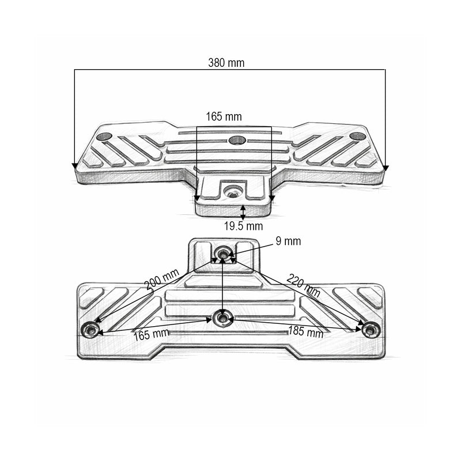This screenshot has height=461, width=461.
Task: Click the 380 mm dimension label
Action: pos(226,63)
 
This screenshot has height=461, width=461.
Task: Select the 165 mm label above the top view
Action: pos(224,117)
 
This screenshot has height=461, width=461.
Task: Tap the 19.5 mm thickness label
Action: pos(243,226)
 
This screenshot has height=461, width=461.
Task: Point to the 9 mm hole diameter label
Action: pos(288,241)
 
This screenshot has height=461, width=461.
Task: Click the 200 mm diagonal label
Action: pos(162,279)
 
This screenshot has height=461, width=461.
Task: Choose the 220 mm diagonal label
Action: pos(304,285)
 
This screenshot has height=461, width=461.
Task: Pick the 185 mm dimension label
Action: pos(306,331)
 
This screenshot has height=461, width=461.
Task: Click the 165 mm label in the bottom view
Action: pos(152,335)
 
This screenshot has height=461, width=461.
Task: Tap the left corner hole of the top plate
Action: pos(104,137)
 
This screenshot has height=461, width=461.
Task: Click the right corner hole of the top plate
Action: pos(357,137)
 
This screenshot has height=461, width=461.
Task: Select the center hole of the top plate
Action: pos(237,140)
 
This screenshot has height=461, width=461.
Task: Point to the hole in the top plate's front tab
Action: pos(233,192)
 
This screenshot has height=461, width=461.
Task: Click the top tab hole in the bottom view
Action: pos(223,252)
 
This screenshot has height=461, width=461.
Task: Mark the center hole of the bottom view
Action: pos(223,318)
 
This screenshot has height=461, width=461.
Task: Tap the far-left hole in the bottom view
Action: pos(90,330)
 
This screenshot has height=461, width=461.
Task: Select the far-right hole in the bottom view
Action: pos(371,330)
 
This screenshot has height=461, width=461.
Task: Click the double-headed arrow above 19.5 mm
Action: pos(243,212)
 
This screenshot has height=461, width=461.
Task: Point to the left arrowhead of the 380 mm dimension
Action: pos(75,167)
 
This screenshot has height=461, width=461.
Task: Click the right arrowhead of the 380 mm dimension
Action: pos(386,168)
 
